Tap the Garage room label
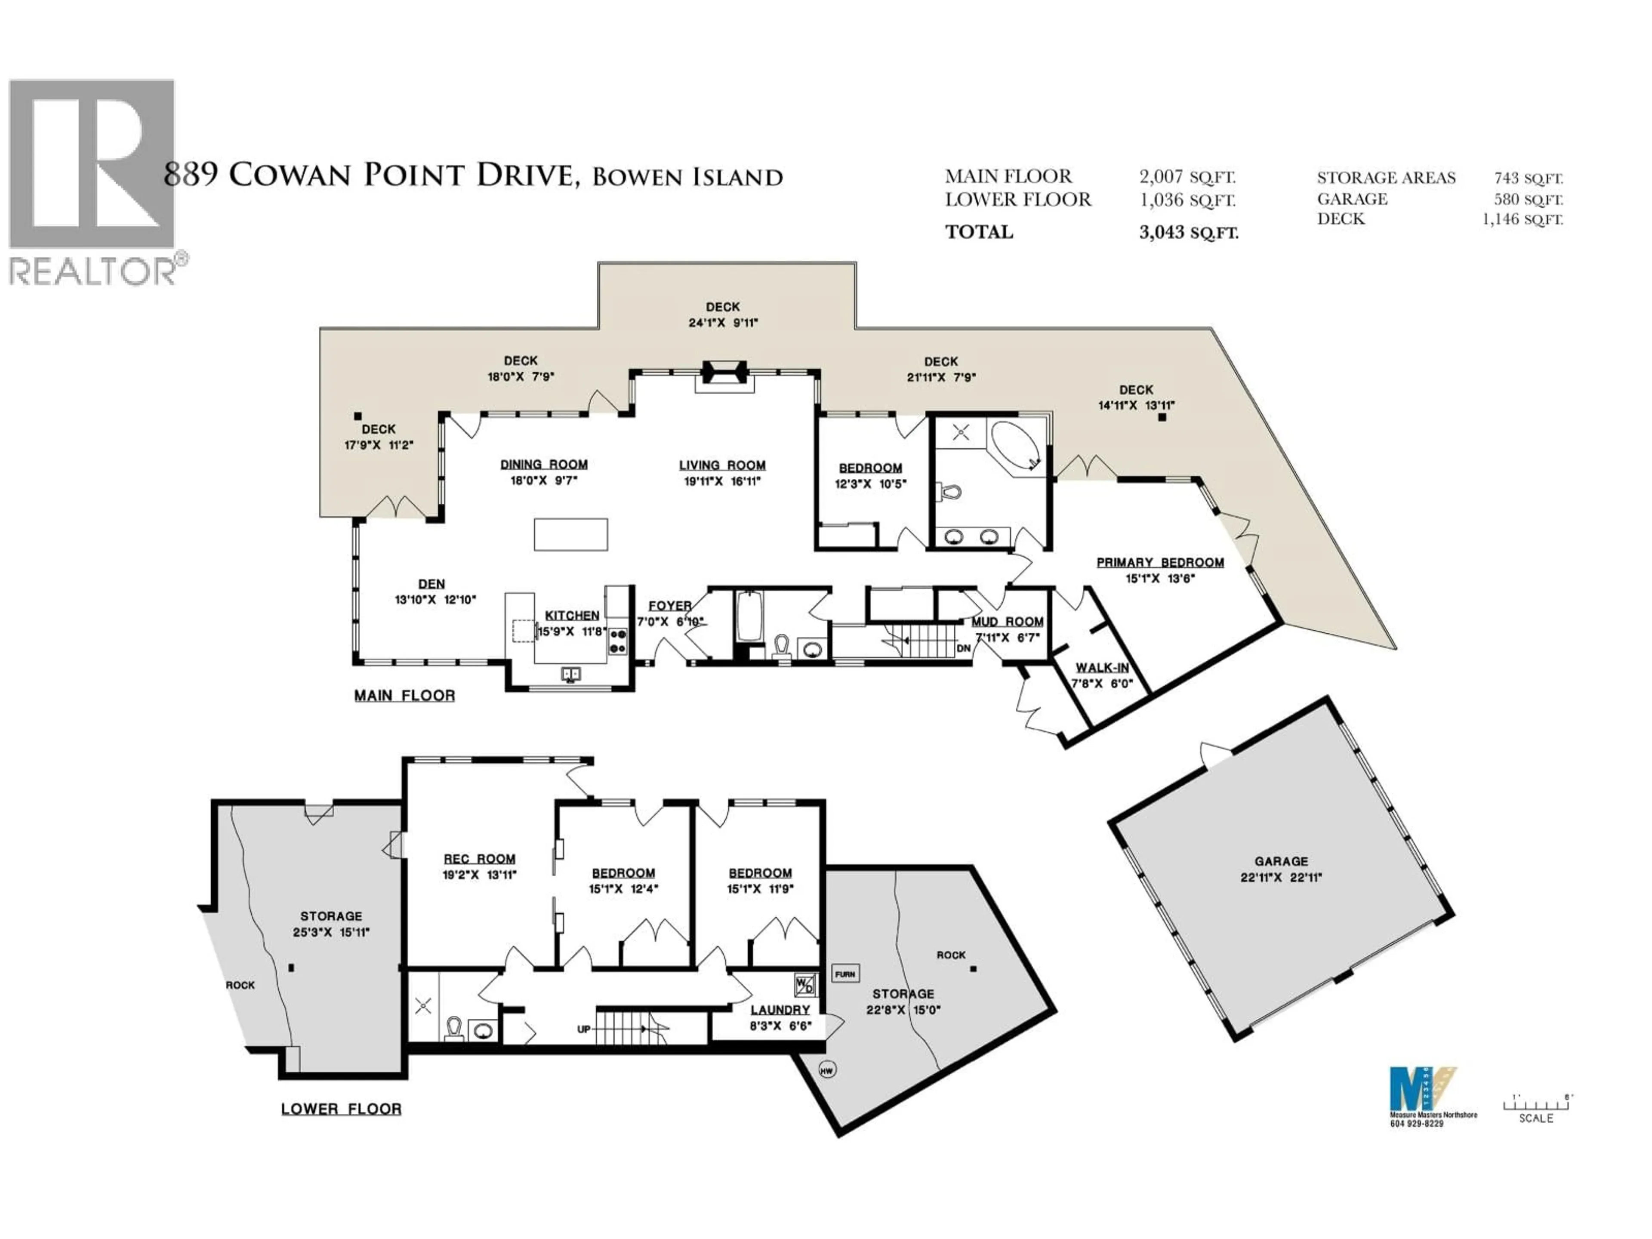coord(1281,861)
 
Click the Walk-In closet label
coord(1102,669)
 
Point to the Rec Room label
coord(480,859)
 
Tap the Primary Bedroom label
coord(1160,562)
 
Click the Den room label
coord(431,584)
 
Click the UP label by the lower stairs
coord(584,1029)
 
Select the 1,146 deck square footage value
coord(1522,219)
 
